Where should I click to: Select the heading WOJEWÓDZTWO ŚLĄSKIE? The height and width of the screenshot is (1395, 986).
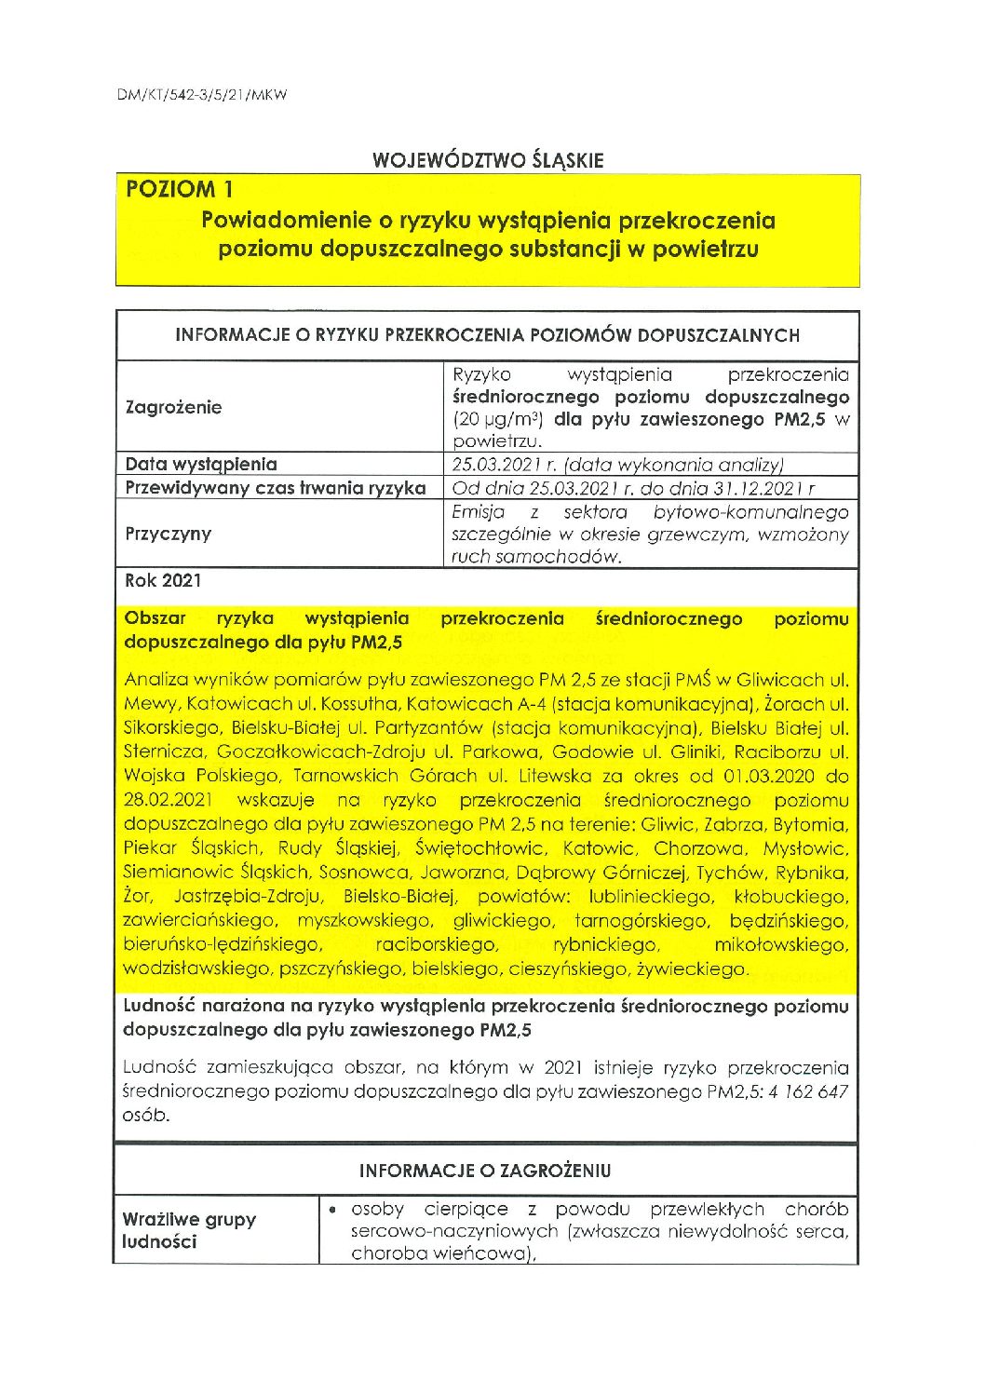488,160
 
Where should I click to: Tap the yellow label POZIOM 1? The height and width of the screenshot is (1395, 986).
179,190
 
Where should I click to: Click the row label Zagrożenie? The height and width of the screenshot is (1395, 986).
174,408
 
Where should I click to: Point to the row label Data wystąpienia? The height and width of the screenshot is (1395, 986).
201,464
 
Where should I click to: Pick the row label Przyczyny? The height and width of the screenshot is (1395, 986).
169,534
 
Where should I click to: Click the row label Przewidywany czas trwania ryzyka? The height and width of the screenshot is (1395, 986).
276,488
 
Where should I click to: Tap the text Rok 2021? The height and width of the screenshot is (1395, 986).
163,580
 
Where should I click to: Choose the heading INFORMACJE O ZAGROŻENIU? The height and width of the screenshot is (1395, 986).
485,1171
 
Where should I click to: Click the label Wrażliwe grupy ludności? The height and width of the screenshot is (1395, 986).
189,1230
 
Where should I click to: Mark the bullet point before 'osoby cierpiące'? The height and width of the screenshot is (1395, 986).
332,1210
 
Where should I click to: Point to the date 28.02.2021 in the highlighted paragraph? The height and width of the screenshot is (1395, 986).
168,800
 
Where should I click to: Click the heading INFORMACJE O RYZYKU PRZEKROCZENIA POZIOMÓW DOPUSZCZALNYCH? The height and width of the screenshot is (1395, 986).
488,335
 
